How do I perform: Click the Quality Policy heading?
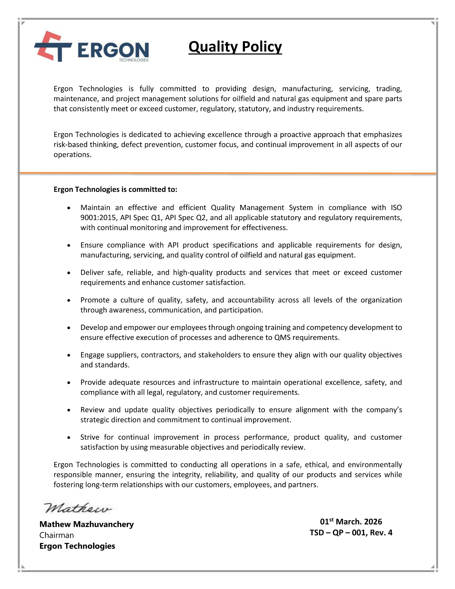tap(235, 47)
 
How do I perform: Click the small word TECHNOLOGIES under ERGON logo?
tap(134, 60)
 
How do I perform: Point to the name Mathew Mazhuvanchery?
tap(87, 524)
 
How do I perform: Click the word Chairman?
tap(57, 535)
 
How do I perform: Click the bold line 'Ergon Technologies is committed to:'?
tap(115, 189)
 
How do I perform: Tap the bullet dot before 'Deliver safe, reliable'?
tap(69, 273)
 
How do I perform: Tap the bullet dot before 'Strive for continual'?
tap(69, 437)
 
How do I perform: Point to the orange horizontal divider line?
tap(227, 173)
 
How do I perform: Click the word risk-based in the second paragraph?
tap(71, 145)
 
